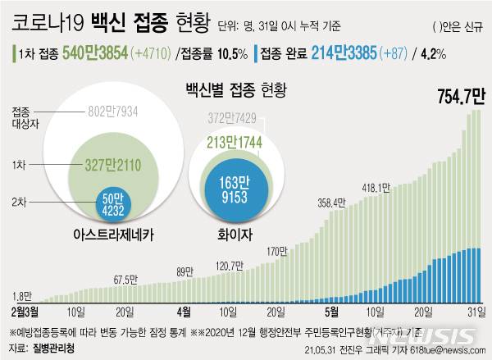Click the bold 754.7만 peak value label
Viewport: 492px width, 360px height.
450,100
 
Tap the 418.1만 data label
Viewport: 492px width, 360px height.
376,188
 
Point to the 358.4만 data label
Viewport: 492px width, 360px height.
333,203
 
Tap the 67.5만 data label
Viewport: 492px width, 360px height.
124,279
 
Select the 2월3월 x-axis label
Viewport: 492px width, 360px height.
25,312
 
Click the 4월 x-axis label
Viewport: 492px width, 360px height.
184,312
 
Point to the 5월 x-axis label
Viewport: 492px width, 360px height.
331,312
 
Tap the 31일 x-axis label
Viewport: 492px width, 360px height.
472,312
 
